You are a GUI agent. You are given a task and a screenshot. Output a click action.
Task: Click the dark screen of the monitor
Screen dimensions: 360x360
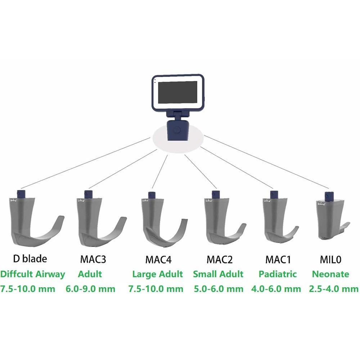coord(178,92)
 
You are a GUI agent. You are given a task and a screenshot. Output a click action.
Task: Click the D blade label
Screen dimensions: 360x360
coord(30,259)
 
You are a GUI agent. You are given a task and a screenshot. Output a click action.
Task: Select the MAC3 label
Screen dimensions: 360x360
coord(93,259)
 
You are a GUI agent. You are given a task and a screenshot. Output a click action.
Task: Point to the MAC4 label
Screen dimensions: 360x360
coord(158,260)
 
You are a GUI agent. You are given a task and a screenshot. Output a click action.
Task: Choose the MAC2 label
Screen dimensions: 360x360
coord(220,260)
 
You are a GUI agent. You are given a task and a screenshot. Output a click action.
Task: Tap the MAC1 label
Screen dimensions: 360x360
coord(278,260)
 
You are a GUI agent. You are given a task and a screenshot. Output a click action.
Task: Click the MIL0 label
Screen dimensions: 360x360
coord(330,260)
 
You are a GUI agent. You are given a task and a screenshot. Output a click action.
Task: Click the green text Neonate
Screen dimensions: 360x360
coord(330,274)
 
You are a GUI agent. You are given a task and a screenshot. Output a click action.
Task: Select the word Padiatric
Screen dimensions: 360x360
coord(278,274)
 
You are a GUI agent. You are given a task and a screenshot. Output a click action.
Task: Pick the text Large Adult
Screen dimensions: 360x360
coord(158,274)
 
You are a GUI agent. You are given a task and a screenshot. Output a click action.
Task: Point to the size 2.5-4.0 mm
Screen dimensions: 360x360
coord(334,289)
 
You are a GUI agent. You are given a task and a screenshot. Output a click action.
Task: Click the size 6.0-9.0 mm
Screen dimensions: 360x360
coord(90,289)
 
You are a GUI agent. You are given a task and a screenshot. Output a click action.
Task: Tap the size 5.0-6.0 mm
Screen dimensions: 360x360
coord(219,289)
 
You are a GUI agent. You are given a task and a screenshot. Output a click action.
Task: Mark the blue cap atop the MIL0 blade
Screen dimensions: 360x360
coord(329,196)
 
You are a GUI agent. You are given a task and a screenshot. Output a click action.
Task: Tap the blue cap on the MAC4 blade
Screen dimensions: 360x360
coord(151,195)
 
